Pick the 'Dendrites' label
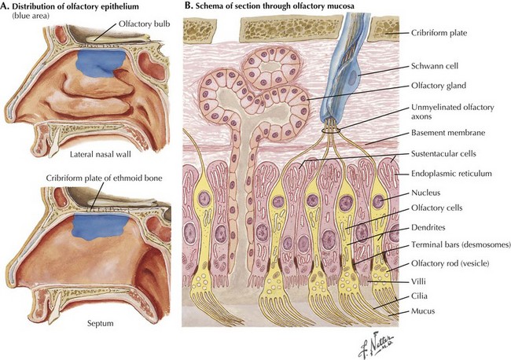point(431,228)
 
